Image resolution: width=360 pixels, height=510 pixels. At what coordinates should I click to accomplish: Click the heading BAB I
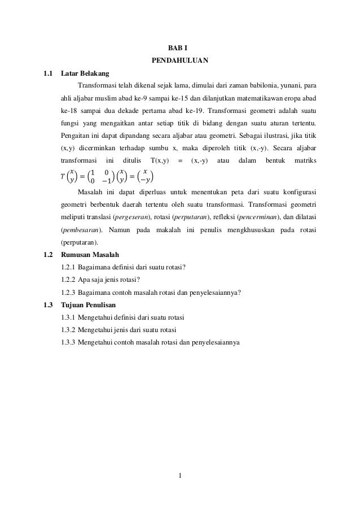(x=180, y=47)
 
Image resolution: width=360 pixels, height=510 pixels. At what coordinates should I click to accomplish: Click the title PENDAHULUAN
(x=180, y=60)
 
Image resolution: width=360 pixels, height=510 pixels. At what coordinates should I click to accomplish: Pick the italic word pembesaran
(x=80, y=230)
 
